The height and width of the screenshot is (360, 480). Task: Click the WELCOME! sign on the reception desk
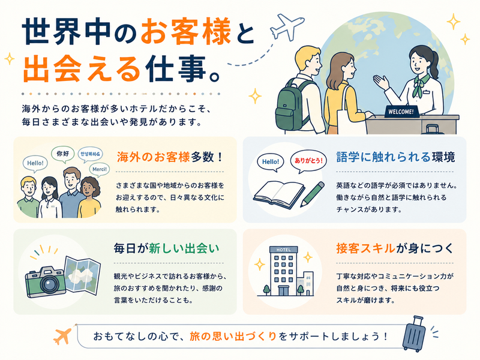(x=401, y=112)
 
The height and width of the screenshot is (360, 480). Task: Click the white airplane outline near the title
(x=287, y=26)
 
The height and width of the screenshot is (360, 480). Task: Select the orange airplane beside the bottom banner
(x=62, y=335)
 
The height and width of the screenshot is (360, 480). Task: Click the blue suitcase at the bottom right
(x=414, y=334)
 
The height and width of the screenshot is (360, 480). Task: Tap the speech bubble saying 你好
(x=63, y=154)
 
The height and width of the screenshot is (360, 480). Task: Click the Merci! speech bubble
(x=100, y=170)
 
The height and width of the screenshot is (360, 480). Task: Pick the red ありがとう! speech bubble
(x=308, y=161)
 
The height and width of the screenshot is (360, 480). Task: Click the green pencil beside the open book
(x=312, y=194)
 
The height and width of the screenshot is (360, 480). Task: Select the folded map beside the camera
(x=83, y=275)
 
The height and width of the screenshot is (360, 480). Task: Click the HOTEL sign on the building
(x=283, y=250)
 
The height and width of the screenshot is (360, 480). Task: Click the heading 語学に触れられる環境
(x=395, y=157)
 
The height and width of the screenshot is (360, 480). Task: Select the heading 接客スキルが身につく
(x=394, y=248)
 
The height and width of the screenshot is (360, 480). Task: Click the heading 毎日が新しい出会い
(x=167, y=248)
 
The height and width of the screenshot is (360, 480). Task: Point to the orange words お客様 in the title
(x=186, y=31)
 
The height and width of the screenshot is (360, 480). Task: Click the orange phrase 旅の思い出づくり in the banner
(x=233, y=337)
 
